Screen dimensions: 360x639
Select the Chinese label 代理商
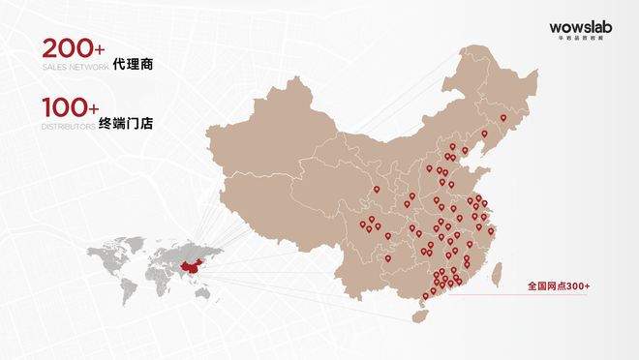pos(134,66)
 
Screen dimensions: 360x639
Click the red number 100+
pos(71,109)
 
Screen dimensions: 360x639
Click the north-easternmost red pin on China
pos(502,119)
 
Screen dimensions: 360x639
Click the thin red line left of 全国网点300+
pos(484,287)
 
